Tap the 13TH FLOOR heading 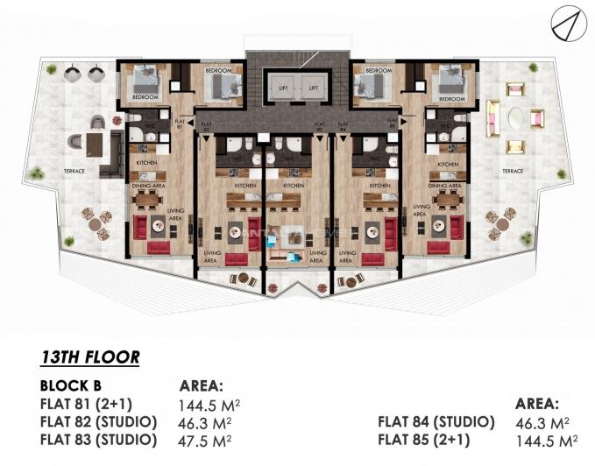coord(90,357)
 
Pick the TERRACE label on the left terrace coord(73,171)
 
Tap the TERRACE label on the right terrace coord(513,171)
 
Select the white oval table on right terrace coord(514,117)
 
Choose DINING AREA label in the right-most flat coord(447,185)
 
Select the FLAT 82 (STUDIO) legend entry coord(98,421)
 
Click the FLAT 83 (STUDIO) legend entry coord(98,439)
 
